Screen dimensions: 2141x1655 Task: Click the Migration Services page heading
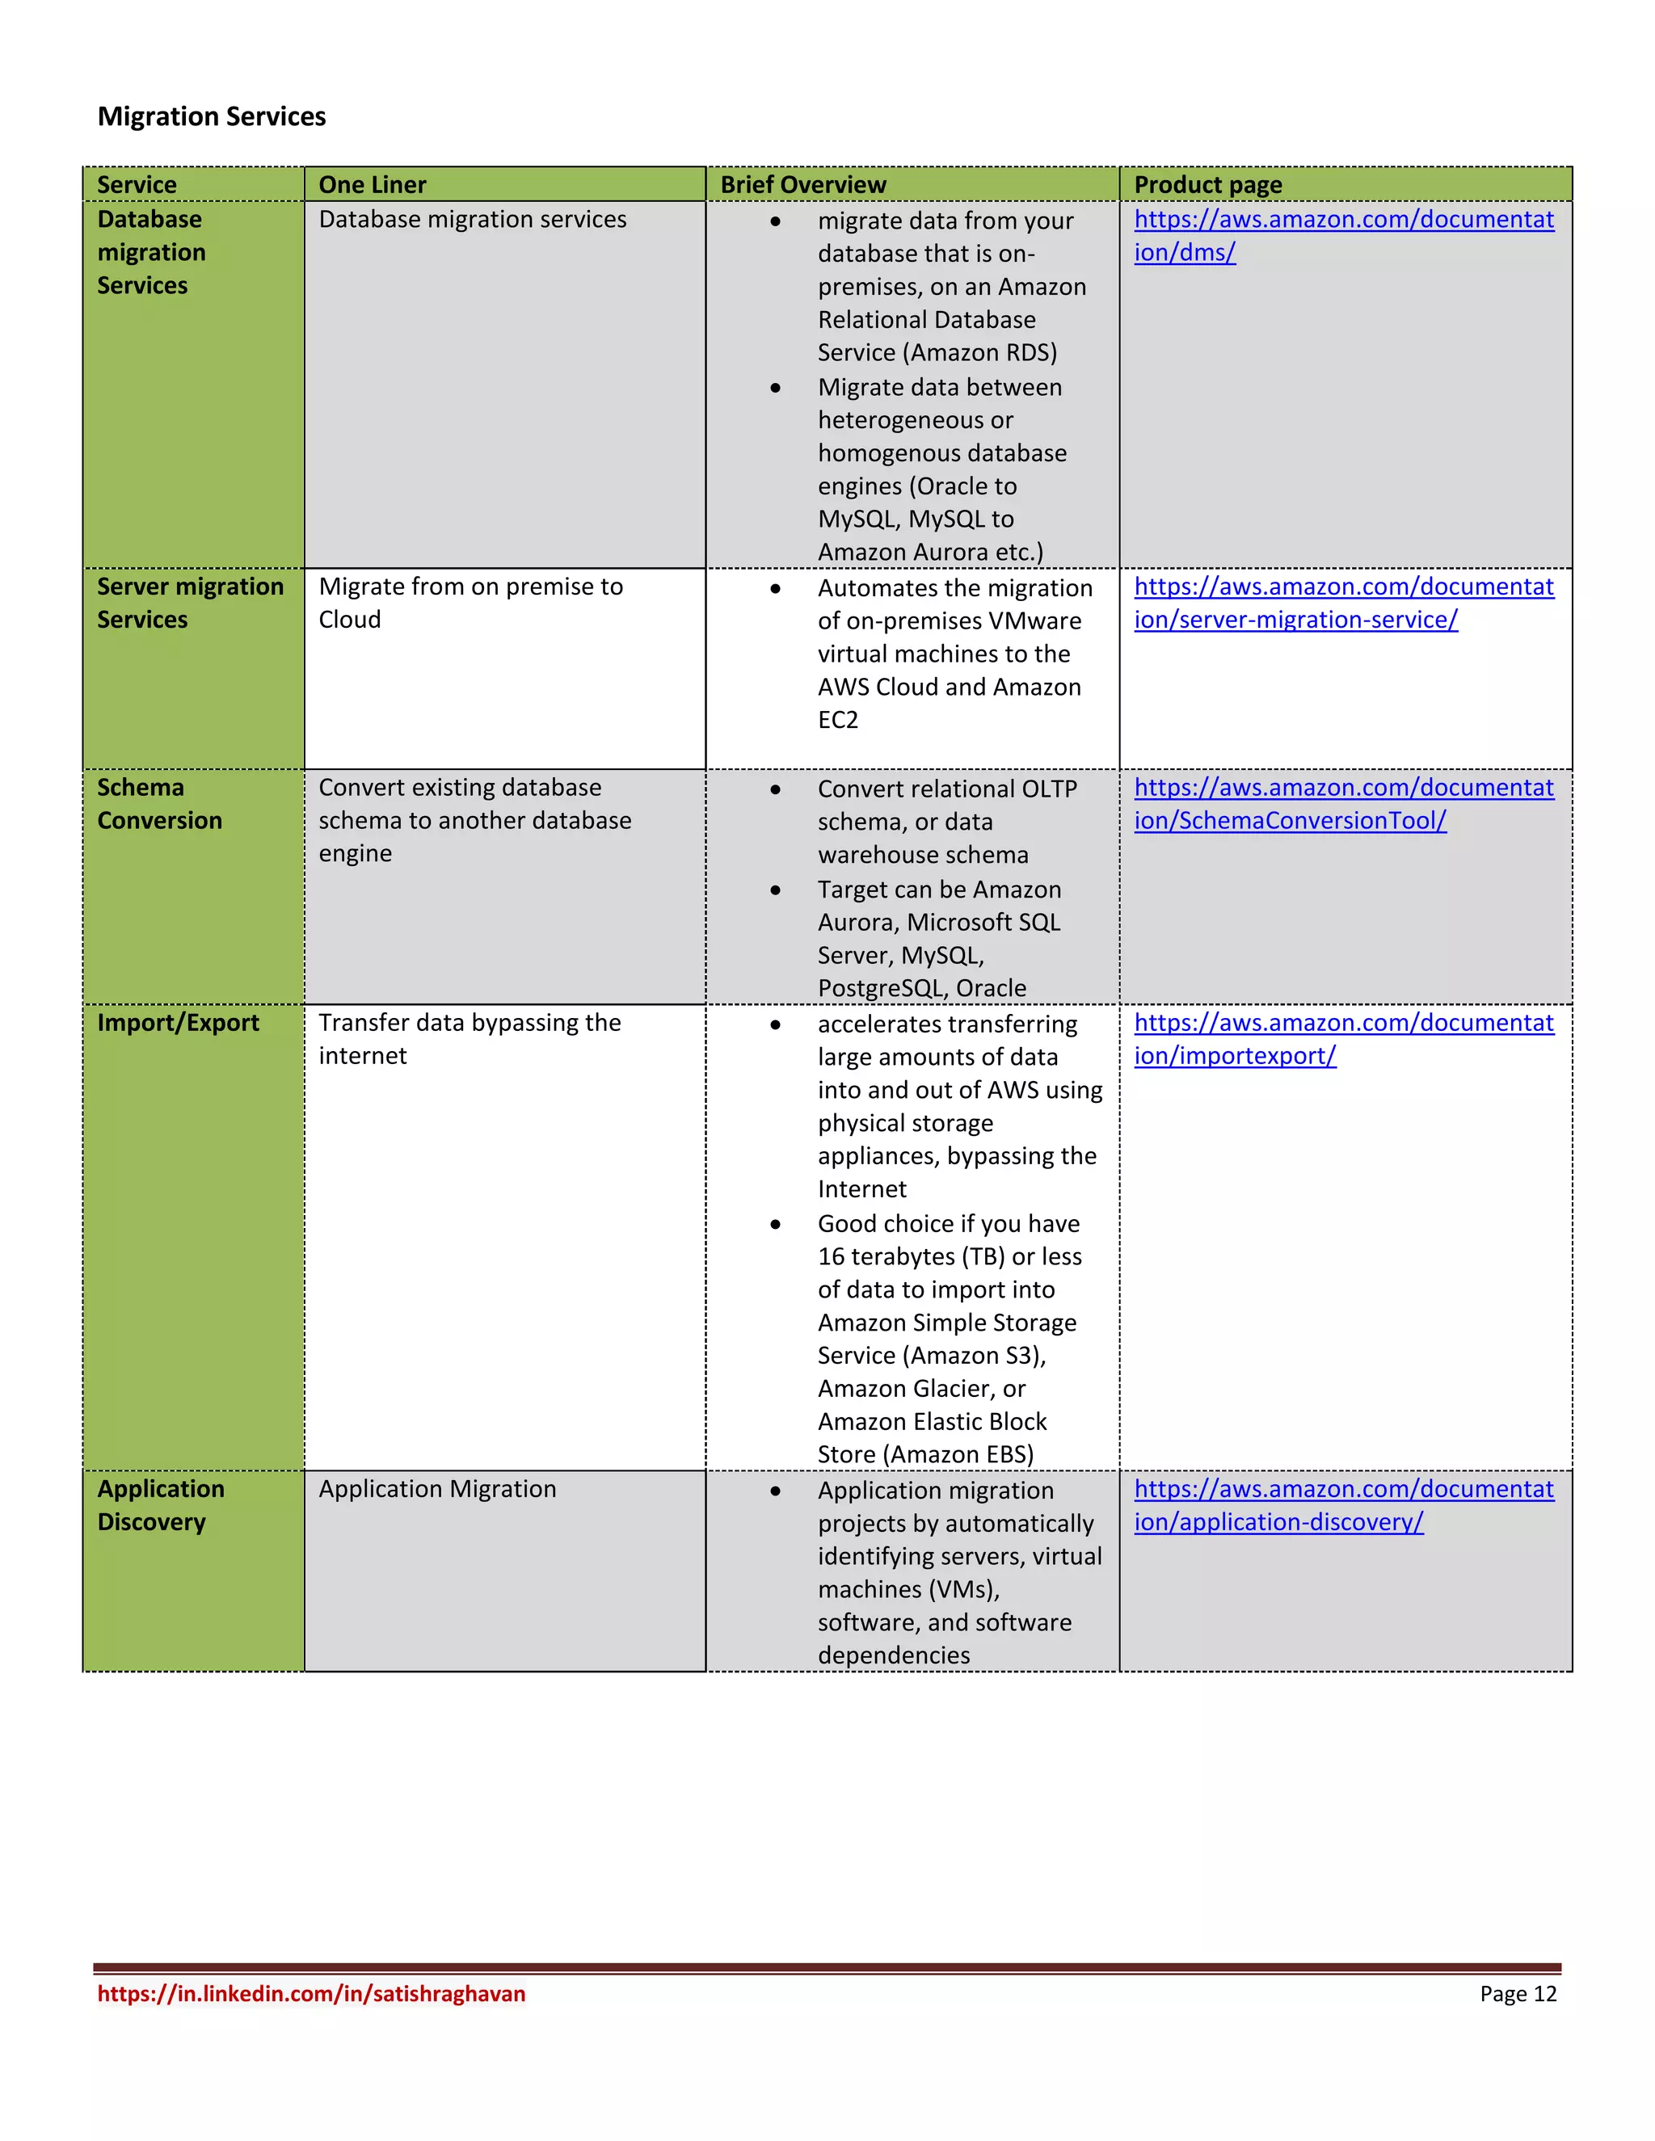[x=212, y=116]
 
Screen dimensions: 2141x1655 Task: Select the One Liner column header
[x=373, y=184]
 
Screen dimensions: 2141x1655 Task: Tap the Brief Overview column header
[x=803, y=184]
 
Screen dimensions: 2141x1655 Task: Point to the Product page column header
[x=1208, y=184]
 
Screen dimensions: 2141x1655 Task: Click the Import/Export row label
[x=179, y=1023]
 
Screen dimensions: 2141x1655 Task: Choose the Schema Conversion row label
[x=160, y=804]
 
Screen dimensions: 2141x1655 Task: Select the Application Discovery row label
[x=161, y=1505]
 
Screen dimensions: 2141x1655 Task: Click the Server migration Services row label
[x=190, y=603]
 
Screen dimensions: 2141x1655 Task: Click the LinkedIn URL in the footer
[x=312, y=1993]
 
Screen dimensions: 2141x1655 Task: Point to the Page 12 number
[x=1518, y=1993]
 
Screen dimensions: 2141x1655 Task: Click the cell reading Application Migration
[x=437, y=1489]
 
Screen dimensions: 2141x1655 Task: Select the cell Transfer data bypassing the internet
[x=470, y=1039]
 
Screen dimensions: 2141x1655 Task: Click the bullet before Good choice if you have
[x=776, y=1224]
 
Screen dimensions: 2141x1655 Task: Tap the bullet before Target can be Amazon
[x=776, y=890]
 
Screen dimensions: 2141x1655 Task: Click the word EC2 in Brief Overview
[x=838, y=721]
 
